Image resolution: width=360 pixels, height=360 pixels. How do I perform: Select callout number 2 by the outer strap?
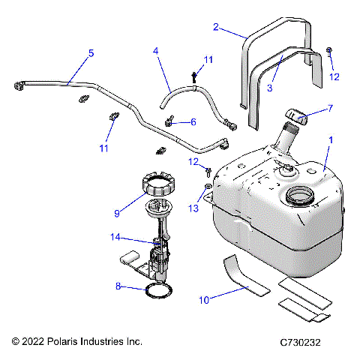(216, 28)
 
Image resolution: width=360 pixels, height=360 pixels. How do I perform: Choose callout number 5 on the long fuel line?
(91, 53)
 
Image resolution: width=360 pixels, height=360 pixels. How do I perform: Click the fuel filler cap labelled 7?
(295, 115)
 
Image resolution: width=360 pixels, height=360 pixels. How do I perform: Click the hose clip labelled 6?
(170, 120)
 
